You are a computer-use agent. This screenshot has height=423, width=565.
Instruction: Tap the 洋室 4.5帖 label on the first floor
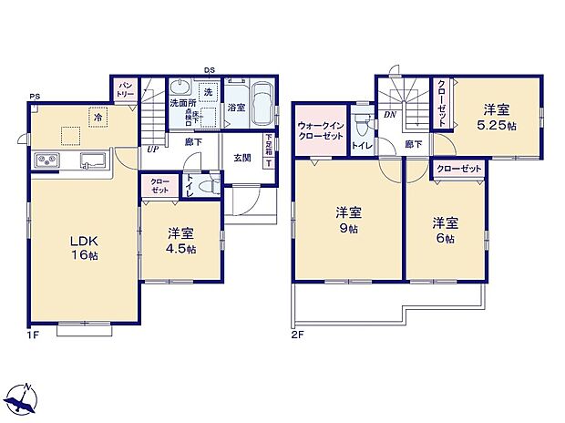pyautogui.click(x=180, y=241)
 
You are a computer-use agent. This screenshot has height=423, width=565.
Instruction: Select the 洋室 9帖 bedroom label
pyautogui.click(x=347, y=219)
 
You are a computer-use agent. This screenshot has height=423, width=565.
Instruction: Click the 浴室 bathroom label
pyautogui.click(x=235, y=107)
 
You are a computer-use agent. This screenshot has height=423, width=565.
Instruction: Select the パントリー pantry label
pyautogui.click(x=124, y=89)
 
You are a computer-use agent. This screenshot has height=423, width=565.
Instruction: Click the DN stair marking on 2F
pyautogui.click(x=389, y=114)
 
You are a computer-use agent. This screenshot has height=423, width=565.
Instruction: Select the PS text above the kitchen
pyautogui.click(x=34, y=96)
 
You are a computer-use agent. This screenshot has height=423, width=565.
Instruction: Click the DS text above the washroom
pyautogui.click(x=209, y=70)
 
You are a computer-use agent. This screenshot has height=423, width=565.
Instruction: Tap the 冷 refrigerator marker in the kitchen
pyautogui.click(x=97, y=117)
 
